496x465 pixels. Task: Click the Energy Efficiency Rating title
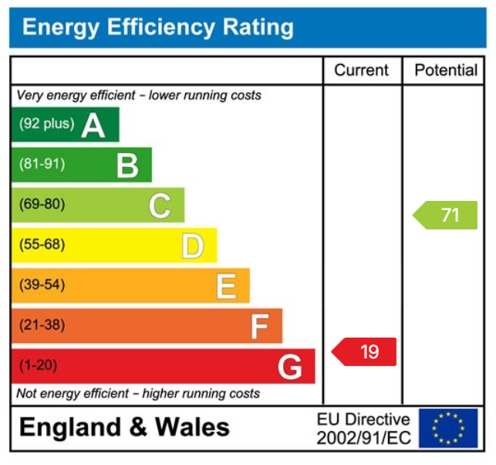point(158,28)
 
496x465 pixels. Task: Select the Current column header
point(361,70)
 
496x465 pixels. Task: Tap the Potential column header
point(446,70)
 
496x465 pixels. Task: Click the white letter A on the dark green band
point(93,124)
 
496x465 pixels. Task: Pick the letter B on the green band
point(127,165)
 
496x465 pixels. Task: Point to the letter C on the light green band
point(160,205)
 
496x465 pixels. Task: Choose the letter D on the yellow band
point(192,246)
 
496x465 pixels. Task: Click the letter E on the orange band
point(225,286)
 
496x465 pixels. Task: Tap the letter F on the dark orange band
point(258,326)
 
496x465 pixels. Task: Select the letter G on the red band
point(290,367)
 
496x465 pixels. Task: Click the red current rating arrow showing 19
point(365,351)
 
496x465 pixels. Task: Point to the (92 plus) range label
point(46,124)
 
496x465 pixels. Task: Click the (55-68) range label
point(42,245)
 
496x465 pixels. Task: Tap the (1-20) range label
point(38,365)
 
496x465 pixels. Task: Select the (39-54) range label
point(42,285)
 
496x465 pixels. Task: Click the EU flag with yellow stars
point(448,428)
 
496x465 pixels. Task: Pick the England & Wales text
point(124,427)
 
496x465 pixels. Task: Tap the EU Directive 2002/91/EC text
point(363,429)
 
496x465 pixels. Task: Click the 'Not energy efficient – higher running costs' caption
point(138,393)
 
